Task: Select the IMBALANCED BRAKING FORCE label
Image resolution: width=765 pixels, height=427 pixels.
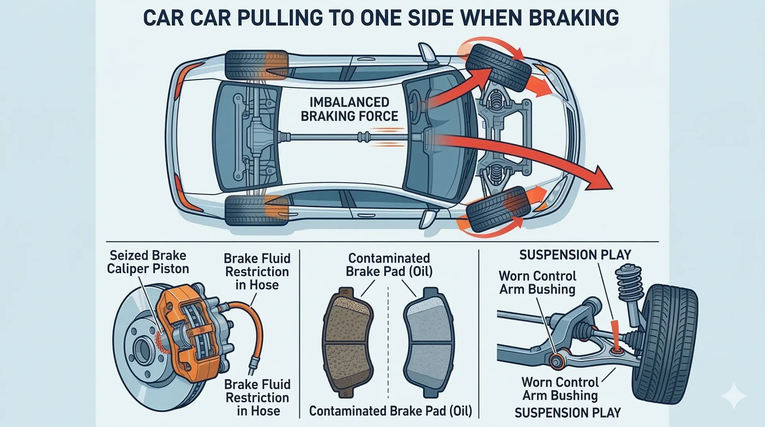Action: (349, 109)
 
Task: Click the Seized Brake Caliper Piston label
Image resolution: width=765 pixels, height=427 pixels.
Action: (148, 262)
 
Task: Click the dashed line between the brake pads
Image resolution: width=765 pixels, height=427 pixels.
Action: (388, 343)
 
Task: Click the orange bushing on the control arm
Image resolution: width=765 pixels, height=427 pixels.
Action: (556, 360)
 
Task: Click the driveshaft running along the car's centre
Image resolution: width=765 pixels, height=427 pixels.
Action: (339, 137)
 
